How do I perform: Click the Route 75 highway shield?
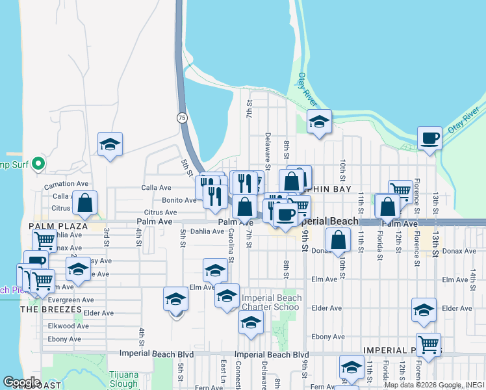(183, 118)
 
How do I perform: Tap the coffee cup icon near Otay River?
(429, 138)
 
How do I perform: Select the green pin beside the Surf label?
(38, 162)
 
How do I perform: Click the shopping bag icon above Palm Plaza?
(84, 203)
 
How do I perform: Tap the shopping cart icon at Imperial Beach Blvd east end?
(428, 344)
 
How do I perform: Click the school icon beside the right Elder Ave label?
(424, 310)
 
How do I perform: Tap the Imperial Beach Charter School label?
(272, 303)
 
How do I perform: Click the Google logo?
(21, 382)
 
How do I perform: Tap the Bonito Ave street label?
(179, 200)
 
